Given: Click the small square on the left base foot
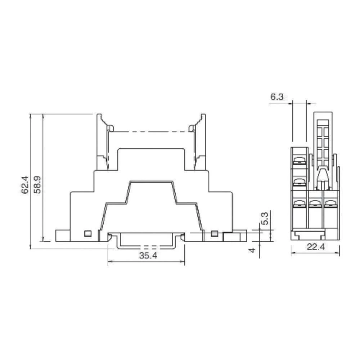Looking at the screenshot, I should click(x=86, y=233).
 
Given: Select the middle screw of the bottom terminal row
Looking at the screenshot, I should click(x=315, y=204).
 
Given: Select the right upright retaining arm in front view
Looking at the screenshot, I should click(x=200, y=142).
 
